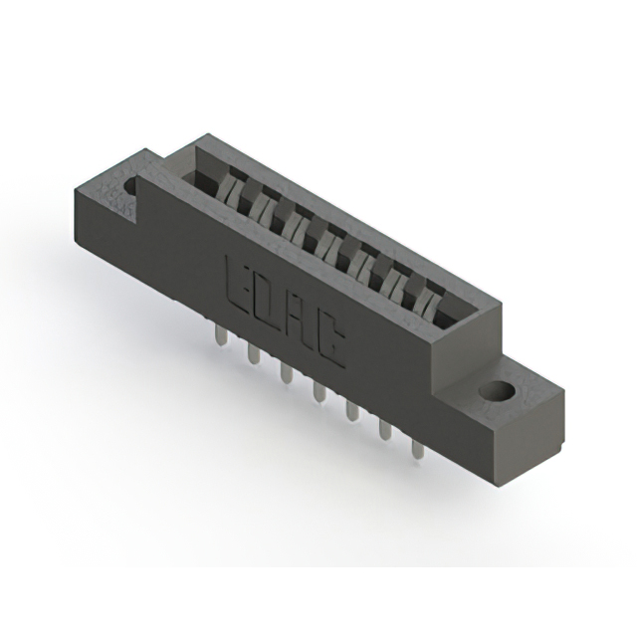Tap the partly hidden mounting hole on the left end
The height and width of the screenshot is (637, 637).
click(130, 184)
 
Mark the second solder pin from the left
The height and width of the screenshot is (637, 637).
click(252, 353)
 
